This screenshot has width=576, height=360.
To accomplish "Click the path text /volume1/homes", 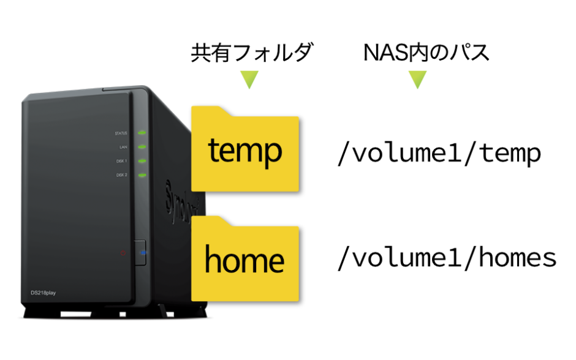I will click(x=447, y=259).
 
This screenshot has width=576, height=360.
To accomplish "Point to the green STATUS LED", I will click(x=143, y=132).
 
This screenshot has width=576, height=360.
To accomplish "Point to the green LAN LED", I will click(x=143, y=147).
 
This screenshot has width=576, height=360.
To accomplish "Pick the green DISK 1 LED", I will click(x=143, y=161).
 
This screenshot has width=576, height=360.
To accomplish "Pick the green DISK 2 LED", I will click(x=143, y=175).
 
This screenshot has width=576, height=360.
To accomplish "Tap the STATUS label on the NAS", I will click(x=120, y=133).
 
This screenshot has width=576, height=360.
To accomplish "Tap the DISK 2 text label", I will click(x=121, y=176).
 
